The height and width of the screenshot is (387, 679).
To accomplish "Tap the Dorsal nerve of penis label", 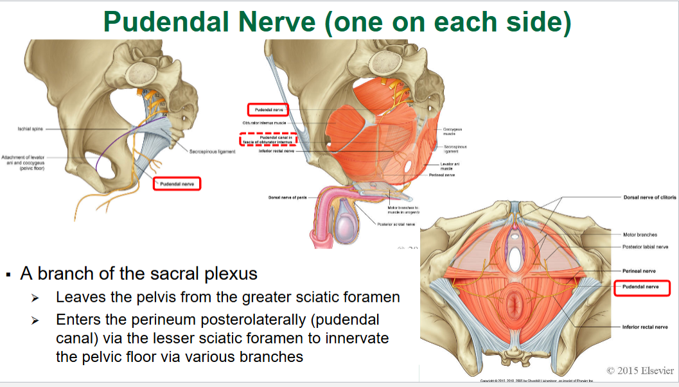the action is click(x=288, y=197).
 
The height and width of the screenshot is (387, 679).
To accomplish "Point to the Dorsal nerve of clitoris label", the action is click(x=649, y=198).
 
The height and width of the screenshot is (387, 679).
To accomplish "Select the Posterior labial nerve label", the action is click(x=645, y=246).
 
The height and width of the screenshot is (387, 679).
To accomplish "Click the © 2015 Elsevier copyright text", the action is click(x=640, y=370).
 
